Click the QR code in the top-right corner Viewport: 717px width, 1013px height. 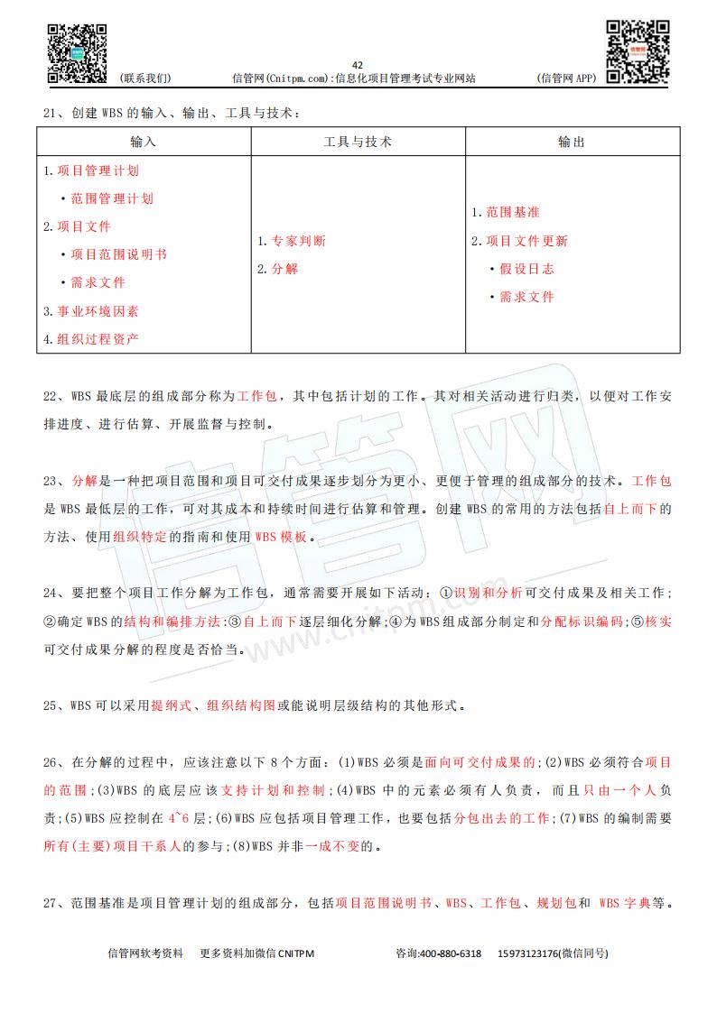(x=638, y=51)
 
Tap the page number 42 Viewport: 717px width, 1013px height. (x=358, y=65)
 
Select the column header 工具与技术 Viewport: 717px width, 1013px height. (x=358, y=142)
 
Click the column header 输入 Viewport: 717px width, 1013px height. (x=144, y=142)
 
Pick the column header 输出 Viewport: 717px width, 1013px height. (x=572, y=142)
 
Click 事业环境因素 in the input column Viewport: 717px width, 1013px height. (x=98, y=311)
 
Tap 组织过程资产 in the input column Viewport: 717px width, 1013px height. (x=98, y=339)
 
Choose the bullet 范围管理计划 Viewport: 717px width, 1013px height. (x=112, y=198)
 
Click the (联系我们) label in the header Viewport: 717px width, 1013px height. (x=144, y=78)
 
